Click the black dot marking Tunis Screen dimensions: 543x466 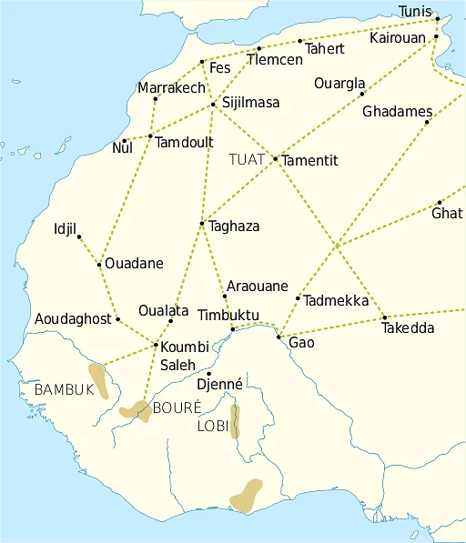point(438,18)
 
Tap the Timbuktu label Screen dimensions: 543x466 point(228,316)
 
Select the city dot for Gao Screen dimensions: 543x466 point(279,337)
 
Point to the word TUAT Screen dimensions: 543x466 point(247,160)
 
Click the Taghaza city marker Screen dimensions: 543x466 point(202,224)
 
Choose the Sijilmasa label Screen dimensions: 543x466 point(250,103)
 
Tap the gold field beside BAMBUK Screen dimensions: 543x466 point(98,380)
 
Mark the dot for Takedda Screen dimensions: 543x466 point(385,317)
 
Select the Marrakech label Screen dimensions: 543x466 point(172,88)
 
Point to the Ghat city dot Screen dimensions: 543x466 point(439,203)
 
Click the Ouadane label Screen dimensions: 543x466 point(134,264)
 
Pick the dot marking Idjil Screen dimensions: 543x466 point(79,237)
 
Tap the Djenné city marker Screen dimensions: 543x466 point(208,374)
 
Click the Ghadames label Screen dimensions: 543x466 point(397,112)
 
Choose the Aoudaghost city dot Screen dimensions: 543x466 point(117,319)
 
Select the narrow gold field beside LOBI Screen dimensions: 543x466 point(235,421)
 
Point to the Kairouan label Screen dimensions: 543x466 point(398,39)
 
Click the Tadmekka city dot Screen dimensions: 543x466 point(298,298)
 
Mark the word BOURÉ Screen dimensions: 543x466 point(177,407)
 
